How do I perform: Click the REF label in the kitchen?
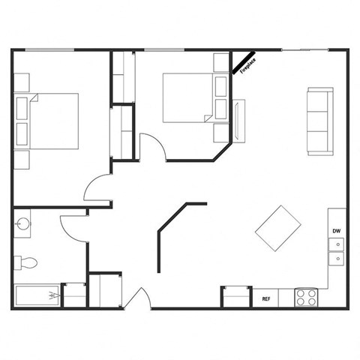click(x=265, y=298)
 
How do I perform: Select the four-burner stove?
click(x=306, y=297)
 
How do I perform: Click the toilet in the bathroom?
click(x=25, y=262)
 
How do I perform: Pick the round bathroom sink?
click(x=22, y=223)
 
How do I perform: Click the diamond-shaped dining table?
click(x=278, y=229)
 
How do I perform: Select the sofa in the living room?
click(x=319, y=121)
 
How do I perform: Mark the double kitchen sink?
click(x=337, y=250)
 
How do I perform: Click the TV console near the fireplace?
click(x=239, y=121)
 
